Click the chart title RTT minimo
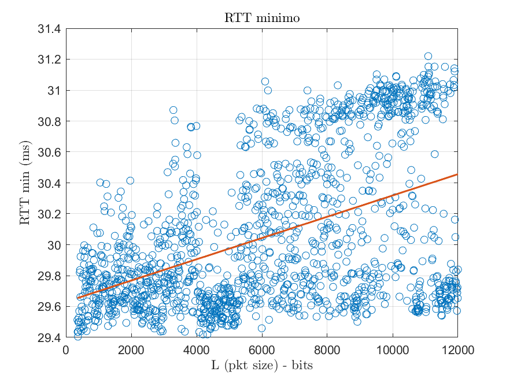(x=262, y=18)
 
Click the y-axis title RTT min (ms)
(x=25, y=183)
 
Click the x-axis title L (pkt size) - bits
(x=262, y=365)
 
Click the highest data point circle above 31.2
(x=428, y=56)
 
